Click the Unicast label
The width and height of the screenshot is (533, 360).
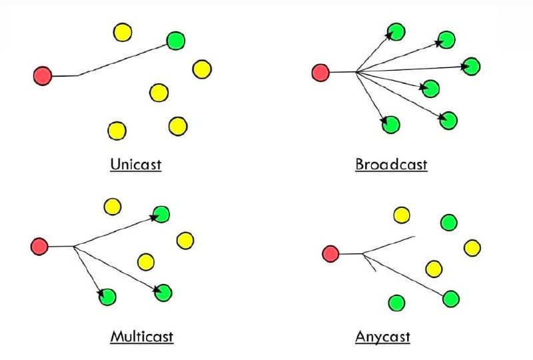coord(136,165)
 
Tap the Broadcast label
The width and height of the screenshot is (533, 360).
coord(391,165)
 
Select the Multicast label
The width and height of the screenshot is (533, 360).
coord(142,337)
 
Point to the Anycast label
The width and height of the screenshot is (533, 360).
coord(382,337)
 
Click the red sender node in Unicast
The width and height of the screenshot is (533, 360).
coord(43,76)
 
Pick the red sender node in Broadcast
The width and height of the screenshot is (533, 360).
coord(320,73)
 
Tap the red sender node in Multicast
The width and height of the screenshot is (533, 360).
coord(39,247)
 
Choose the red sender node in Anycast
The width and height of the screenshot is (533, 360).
coord(330,254)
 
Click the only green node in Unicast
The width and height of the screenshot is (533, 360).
coord(176,41)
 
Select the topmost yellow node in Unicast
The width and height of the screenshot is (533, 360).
coord(123,32)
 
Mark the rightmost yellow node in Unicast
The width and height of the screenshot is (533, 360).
coord(202,69)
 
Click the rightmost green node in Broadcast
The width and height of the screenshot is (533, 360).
coord(471,67)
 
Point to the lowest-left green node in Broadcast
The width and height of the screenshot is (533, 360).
coord(390,125)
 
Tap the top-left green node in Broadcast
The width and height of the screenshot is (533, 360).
coord(396,32)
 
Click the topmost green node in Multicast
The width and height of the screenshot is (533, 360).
coord(161,215)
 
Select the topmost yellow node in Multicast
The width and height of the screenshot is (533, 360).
coord(113,207)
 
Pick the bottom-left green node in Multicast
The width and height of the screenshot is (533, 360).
coord(107,297)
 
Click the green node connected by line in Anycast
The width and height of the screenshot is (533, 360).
coord(451,299)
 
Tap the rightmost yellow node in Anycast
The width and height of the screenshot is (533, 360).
coord(472,248)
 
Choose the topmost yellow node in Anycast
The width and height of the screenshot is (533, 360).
coord(402,215)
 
